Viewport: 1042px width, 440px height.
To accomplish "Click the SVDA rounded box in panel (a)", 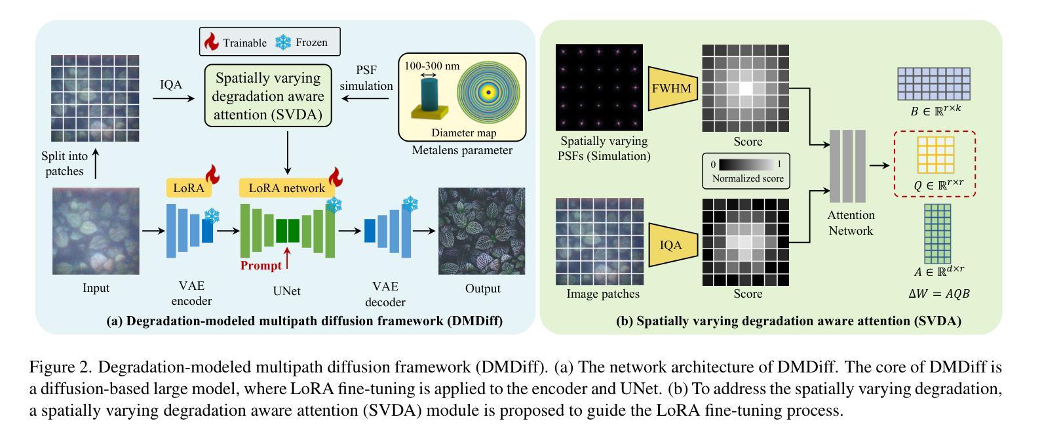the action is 268,96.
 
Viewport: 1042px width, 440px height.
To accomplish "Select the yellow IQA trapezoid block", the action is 672,245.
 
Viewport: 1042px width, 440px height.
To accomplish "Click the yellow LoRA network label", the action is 286,188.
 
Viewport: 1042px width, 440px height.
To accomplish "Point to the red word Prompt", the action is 261,266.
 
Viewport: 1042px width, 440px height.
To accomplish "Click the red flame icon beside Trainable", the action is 212,41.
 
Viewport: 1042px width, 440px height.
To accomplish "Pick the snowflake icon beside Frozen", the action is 283,42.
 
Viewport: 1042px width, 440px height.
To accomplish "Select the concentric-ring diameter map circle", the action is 488,92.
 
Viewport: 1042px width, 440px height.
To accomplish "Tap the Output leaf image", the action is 482,231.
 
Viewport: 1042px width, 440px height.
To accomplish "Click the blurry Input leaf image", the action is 96,231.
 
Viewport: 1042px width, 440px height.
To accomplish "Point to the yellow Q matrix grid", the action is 935,155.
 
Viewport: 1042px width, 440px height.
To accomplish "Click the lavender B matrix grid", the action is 934,84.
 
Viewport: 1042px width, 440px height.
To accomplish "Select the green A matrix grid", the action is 937,233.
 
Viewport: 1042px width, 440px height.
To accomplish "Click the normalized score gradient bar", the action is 747,165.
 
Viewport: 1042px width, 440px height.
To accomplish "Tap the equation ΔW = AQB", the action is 938,294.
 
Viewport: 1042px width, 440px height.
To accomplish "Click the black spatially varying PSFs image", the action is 599,87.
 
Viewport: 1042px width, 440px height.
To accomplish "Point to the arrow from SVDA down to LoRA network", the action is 288,153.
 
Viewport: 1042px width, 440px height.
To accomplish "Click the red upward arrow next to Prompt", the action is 287,258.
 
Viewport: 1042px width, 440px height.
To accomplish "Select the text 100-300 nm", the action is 432,66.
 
